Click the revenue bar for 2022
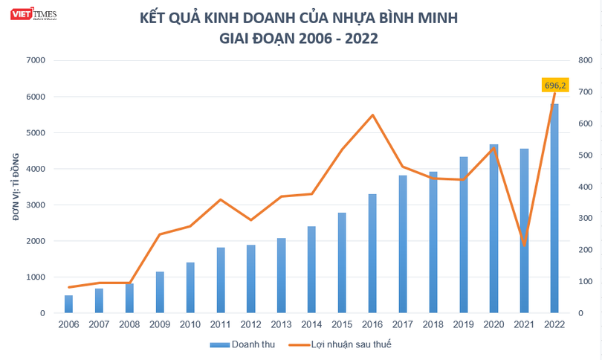[x=555, y=208]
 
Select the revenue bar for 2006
[x=68, y=304]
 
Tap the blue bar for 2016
[x=372, y=253]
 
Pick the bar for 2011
[x=221, y=280]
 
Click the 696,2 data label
[x=555, y=86]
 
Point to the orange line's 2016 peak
[x=372, y=115]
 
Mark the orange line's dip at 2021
[x=525, y=245]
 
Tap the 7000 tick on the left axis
[x=35, y=60]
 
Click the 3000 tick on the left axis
[x=35, y=205]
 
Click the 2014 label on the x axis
[x=312, y=325]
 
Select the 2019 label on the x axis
[x=464, y=325]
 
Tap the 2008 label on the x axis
[x=129, y=325]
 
